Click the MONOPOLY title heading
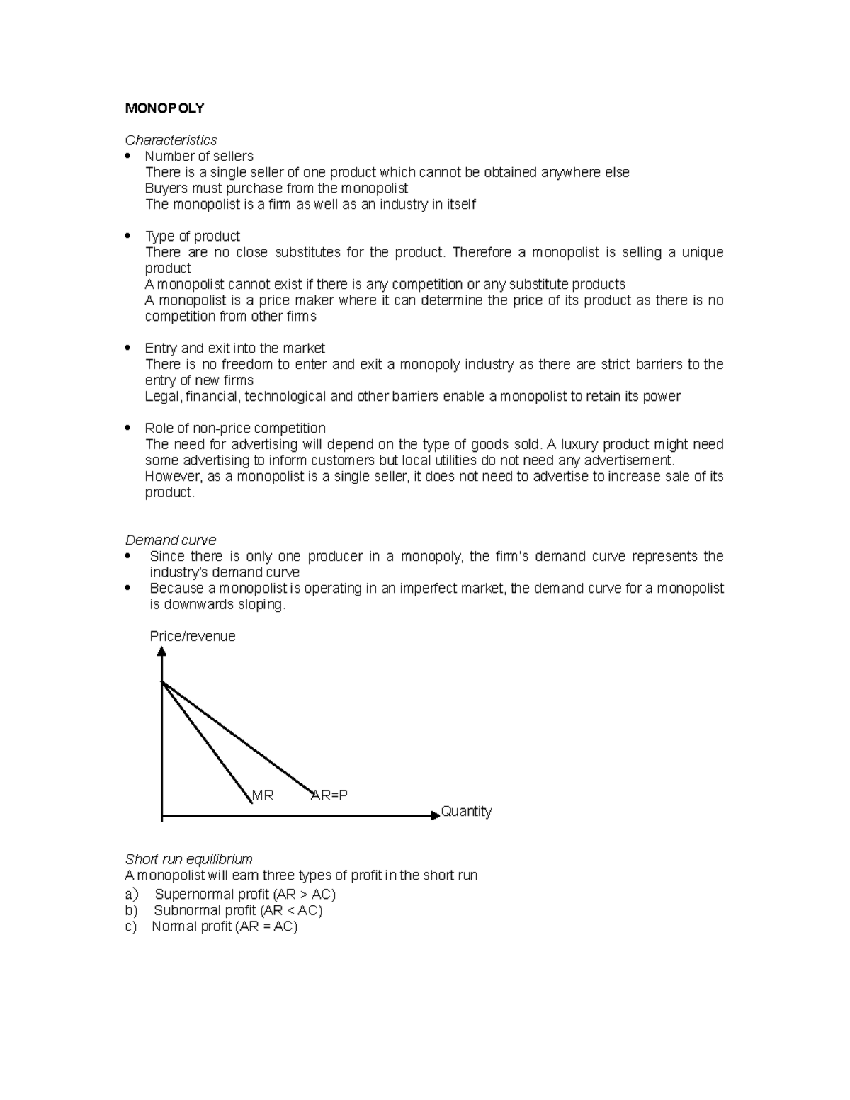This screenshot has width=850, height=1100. (164, 108)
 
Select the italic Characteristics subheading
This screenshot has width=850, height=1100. (171, 140)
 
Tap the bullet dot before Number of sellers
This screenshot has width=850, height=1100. (127, 156)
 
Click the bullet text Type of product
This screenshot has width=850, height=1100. (192, 237)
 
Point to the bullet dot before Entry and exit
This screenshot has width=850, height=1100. (127, 348)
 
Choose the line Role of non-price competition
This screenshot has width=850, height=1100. (234, 429)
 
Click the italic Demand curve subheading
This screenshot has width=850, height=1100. (170, 540)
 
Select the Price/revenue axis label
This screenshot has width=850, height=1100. (192, 636)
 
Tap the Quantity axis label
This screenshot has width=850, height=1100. (466, 812)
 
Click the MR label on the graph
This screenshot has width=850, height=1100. (263, 795)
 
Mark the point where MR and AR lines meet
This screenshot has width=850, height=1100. (163, 681)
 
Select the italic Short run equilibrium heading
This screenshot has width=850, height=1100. (188, 859)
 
